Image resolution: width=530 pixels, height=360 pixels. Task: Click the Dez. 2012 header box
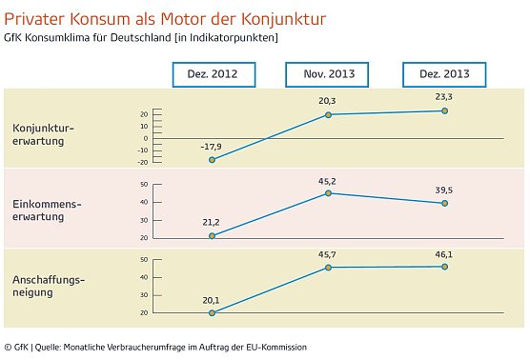[x=212, y=74]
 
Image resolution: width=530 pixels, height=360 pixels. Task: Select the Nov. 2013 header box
[x=328, y=74]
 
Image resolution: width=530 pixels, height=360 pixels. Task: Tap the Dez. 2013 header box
[x=444, y=74]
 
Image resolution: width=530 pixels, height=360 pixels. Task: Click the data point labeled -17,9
[x=212, y=160]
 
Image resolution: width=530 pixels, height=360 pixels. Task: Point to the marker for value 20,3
[x=328, y=115]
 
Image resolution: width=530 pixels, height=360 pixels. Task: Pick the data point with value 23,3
[x=444, y=111]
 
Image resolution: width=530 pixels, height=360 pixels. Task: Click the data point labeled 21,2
[x=212, y=236]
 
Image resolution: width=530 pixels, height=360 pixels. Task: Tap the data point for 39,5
[x=444, y=203]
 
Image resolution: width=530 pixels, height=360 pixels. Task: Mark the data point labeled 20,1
[x=212, y=312]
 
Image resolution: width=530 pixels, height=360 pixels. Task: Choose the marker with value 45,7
[x=328, y=268]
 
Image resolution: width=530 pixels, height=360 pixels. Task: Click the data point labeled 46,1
[x=444, y=267]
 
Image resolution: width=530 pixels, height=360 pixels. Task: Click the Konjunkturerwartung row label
[x=44, y=134]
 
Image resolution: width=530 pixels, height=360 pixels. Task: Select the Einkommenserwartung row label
[x=44, y=210]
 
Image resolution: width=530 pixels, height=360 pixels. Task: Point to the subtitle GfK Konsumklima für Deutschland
[x=141, y=38]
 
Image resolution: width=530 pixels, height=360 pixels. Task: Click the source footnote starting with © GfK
[x=155, y=347]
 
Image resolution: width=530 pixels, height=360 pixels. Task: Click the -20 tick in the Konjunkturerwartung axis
[x=143, y=162]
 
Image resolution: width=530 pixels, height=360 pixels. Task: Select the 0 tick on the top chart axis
[x=146, y=138]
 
